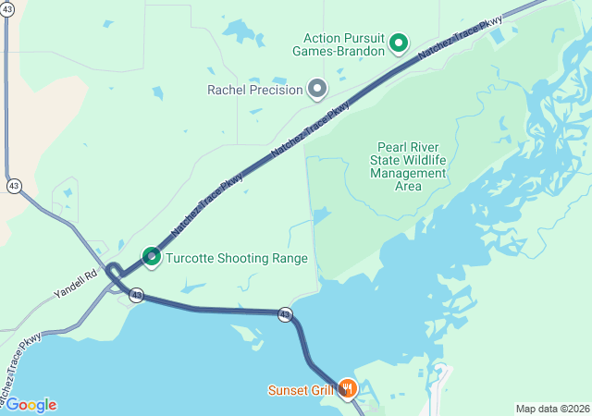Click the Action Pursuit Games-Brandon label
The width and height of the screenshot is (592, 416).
click(x=343, y=44)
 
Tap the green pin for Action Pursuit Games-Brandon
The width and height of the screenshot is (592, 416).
click(x=399, y=43)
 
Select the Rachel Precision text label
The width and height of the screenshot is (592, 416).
click(x=255, y=90)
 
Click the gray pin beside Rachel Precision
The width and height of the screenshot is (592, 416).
click(x=317, y=89)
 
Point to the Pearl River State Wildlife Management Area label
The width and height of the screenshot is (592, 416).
click(x=407, y=166)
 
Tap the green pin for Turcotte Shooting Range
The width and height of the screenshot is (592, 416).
click(x=152, y=256)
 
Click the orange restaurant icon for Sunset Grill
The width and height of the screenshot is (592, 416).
click(x=348, y=388)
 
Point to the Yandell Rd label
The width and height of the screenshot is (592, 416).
click(x=76, y=283)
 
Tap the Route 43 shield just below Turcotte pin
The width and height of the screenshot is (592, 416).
click(x=137, y=296)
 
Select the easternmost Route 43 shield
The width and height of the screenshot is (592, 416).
click(x=285, y=314)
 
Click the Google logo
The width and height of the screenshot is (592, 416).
click(x=31, y=405)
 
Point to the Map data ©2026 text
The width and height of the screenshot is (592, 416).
click(x=551, y=409)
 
